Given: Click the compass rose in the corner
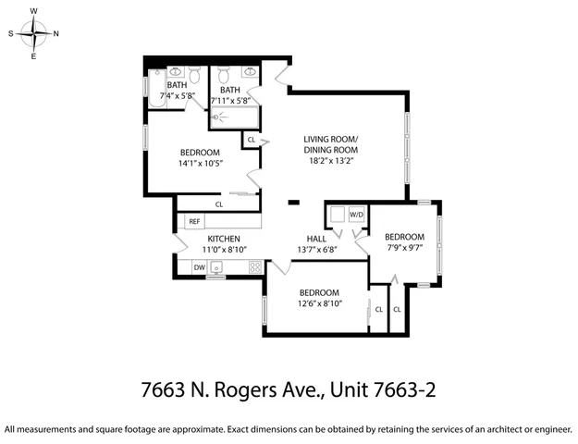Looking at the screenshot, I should pos(34,33).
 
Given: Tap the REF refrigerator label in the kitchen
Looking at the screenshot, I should pos(194,222).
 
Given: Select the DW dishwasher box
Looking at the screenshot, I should pos(199,267).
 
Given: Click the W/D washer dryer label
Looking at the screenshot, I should pos(356,215).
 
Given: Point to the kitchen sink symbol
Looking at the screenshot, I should pos(216,267).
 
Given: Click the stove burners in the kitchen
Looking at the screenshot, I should pos(254,267).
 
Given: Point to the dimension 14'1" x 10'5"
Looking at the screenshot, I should pos(199,164).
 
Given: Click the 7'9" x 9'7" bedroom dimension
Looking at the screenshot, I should pos(405,247).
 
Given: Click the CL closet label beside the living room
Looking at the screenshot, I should pos(251,141).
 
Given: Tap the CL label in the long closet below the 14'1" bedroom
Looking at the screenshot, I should pos(219,204).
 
